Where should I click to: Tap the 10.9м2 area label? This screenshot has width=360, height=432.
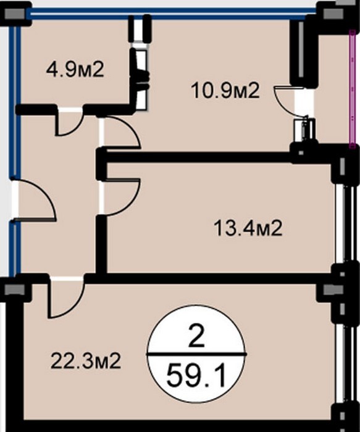coord(225,91)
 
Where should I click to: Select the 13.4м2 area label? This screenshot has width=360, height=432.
coord(248,229)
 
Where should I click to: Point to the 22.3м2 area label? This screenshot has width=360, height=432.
coord(86,361)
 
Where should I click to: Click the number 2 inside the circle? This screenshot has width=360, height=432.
coord(197,338)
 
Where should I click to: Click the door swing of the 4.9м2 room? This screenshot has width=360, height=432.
coord(69,123)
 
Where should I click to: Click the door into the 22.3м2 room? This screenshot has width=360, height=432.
coord(66,298)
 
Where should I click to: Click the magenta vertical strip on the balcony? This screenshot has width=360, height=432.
coord(352,89)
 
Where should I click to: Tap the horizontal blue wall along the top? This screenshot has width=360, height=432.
coord(173,14)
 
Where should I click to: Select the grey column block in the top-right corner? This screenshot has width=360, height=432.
coord(333,14)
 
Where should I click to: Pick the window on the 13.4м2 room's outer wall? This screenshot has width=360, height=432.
coord(344,225)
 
